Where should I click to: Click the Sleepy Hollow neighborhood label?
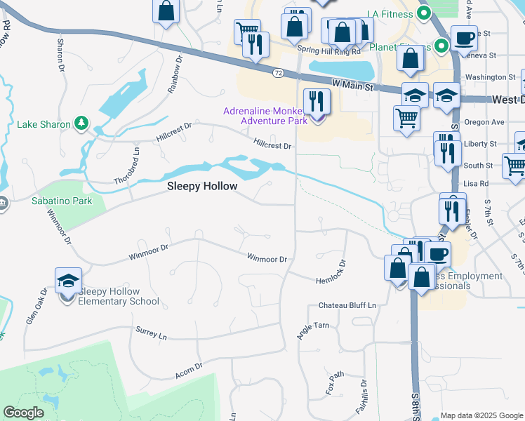click(x=202, y=186)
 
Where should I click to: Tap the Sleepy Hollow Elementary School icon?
click(x=68, y=281)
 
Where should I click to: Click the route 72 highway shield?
click(x=279, y=73)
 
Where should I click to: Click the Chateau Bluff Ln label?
click(x=347, y=305)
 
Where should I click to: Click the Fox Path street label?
click(x=334, y=383)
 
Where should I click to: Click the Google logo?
click(x=23, y=413)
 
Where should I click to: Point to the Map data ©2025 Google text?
click(x=481, y=415)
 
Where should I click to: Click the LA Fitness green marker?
click(x=423, y=13)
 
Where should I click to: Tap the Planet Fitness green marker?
click(x=440, y=48)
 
